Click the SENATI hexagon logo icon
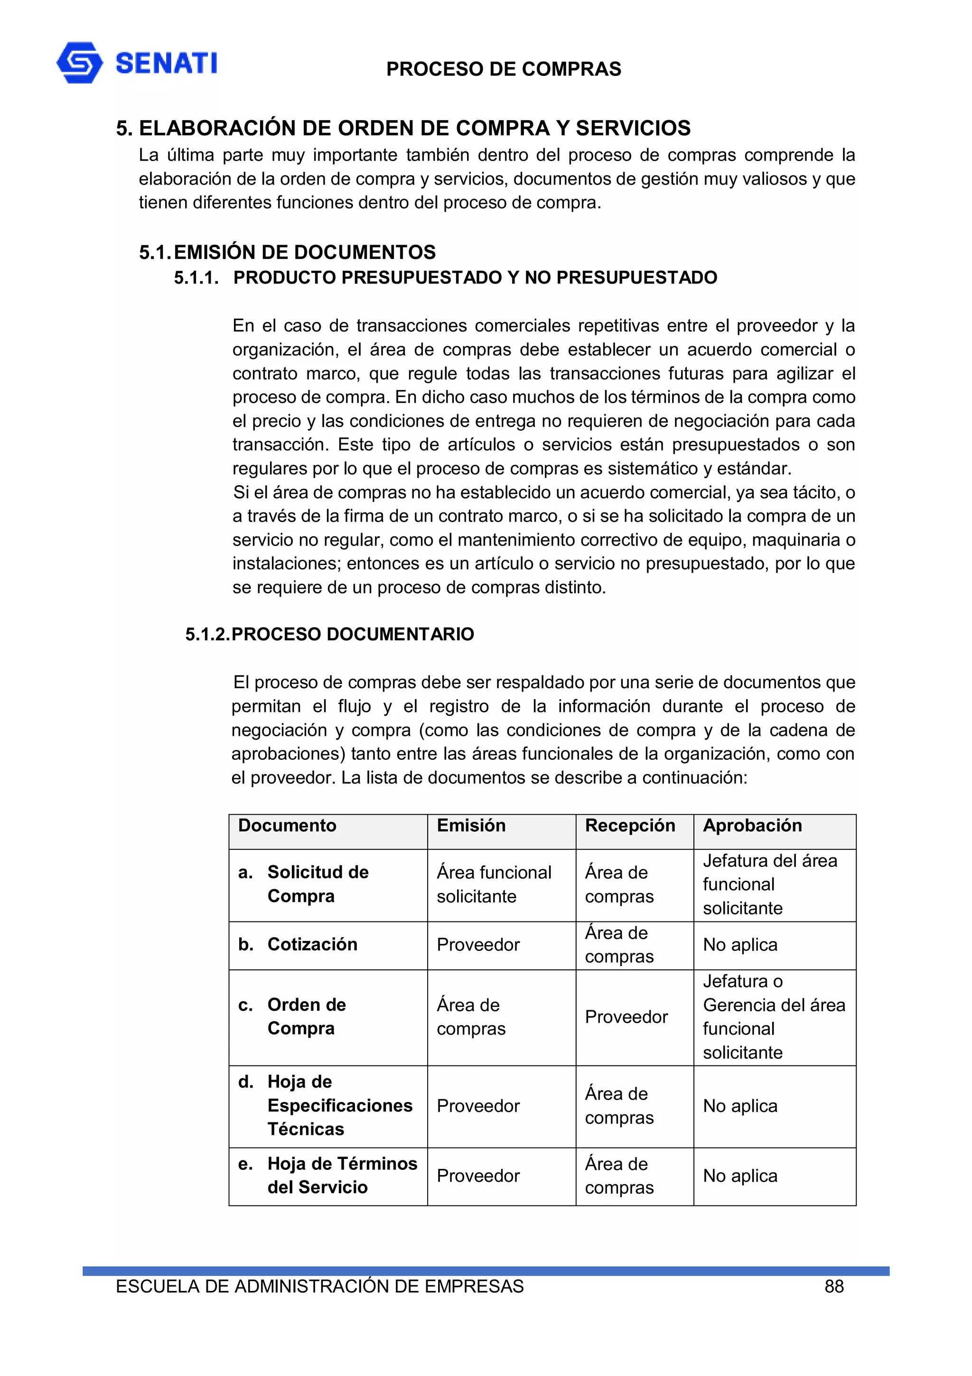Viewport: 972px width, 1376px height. [79, 62]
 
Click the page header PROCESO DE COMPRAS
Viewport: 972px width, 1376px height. [503, 69]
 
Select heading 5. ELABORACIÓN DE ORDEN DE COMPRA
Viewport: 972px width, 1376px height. [403, 128]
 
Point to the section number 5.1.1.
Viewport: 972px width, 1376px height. [196, 277]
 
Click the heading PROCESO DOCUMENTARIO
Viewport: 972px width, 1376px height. [353, 634]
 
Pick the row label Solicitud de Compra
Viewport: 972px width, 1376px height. [318, 884]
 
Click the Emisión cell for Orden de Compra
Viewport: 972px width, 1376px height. [471, 1016]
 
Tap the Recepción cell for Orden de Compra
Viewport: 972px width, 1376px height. [626, 1016]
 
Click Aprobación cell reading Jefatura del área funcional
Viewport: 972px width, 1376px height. [769, 884]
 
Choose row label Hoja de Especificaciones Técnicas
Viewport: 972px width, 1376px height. [339, 1105]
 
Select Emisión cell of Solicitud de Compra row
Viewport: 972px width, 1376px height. [494, 884]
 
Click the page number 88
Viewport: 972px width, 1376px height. [834, 1286]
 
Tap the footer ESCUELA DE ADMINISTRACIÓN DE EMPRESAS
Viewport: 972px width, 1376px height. [319, 1286]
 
